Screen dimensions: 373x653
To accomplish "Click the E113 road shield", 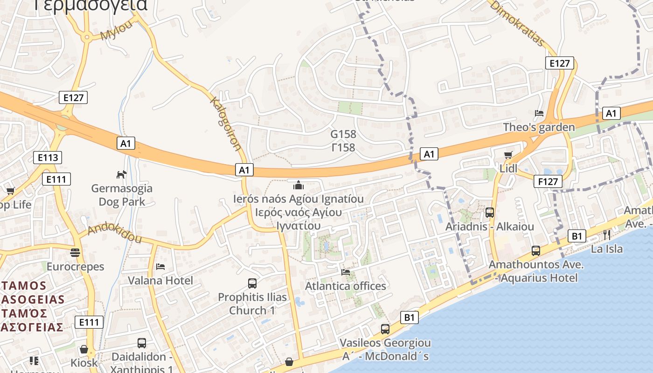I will pyautogui.click(x=48, y=157).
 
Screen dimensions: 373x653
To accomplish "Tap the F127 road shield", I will pyautogui.click(x=548, y=181).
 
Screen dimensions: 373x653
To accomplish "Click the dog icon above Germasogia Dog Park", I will pyautogui.click(x=121, y=175).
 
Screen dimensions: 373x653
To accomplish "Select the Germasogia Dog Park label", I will pyautogui.click(x=122, y=195).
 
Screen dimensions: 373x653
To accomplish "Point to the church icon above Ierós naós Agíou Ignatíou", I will pyautogui.click(x=299, y=185).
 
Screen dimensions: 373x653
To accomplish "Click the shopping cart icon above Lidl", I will pyautogui.click(x=508, y=155).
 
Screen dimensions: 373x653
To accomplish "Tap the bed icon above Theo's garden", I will pyautogui.click(x=539, y=113).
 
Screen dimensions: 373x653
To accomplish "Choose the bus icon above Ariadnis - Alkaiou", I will pyautogui.click(x=490, y=213).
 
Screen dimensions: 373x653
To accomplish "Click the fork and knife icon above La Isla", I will pyautogui.click(x=606, y=235).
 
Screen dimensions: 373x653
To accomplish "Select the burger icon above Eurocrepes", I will pyautogui.click(x=75, y=253).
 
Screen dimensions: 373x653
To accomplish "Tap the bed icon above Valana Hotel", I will pyautogui.click(x=160, y=267).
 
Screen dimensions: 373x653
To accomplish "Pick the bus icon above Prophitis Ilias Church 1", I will pyautogui.click(x=252, y=283).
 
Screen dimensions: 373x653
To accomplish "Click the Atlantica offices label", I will pyautogui.click(x=346, y=286).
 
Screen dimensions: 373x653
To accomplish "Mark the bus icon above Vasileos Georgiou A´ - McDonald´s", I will pyautogui.click(x=385, y=329).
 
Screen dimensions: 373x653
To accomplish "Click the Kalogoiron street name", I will pyautogui.click(x=226, y=124).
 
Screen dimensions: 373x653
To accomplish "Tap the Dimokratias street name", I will pyautogui.click(x=517, y=23).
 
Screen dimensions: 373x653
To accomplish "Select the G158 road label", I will pyautogui.click(x=343, y=134).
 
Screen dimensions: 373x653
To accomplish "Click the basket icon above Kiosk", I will pyautogui.click(x=84, y=349).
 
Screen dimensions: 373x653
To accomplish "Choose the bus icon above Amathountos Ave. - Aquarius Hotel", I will pyautogui.click(x=535, y=251).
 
